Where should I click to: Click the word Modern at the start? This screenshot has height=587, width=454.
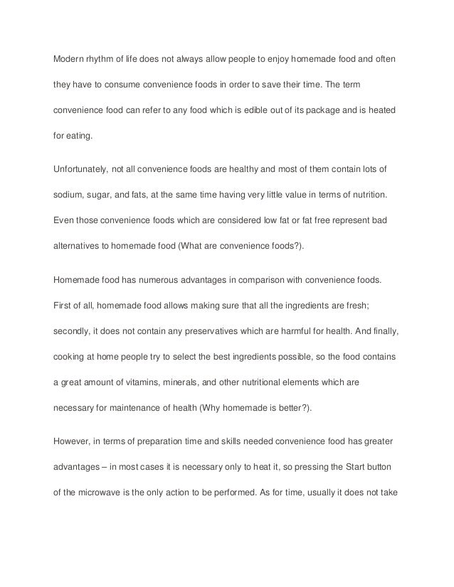[x=70, y=56]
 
